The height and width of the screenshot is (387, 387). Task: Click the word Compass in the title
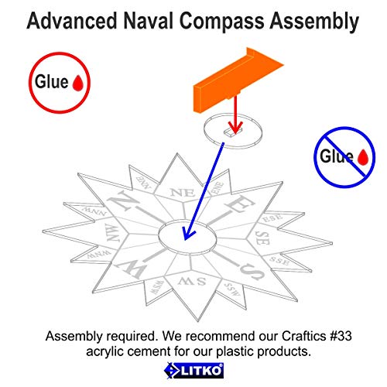tap(222, 22)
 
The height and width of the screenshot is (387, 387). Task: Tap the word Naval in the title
tap(148, 21)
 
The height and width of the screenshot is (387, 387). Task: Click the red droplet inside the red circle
tap(77, 83)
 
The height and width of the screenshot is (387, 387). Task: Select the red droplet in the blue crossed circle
tap(363, 157)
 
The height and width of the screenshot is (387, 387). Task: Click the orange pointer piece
tap(238, 80)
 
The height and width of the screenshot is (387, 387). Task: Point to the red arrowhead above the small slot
tap(235, 127)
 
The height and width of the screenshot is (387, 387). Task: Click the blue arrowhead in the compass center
tap(187, 234)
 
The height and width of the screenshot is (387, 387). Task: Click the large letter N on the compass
tap(123, 201)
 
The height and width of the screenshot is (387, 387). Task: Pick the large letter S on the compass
tap(252, 272)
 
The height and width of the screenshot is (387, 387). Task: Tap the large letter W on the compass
tap(130, 269)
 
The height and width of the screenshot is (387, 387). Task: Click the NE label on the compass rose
tap(183, 193)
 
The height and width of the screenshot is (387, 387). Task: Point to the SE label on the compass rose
tap(262, 238)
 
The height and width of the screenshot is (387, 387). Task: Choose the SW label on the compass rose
tap(192, 281)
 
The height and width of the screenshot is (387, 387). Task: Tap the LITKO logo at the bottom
tap(193, 371)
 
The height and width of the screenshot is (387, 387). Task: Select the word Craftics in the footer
tap(303, 336)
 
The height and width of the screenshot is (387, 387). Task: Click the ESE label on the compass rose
tap(272, 218)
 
